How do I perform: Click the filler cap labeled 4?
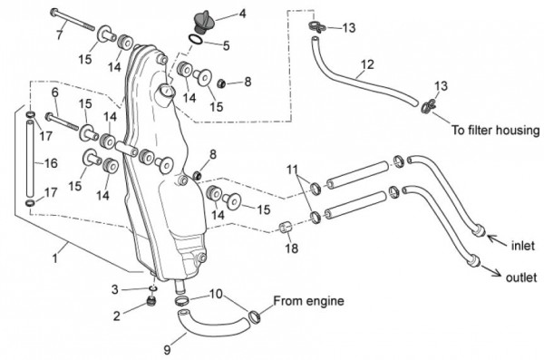(x=203, y=22)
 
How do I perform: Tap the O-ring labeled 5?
(x=196, y=39)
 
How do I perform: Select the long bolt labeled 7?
(x=73, y=21)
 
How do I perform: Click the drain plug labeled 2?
(x=151, y=302)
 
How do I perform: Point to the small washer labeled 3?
(x=153, y=288)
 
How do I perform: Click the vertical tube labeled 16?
(x=30, y=158)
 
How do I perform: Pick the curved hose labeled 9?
(x=213, y=325)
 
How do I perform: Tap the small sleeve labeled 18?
(x=286, y=229)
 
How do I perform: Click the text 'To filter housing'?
(x=495, y=131)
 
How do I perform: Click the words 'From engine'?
(x=308, y=301)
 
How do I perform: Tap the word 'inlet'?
(x=523, y=246)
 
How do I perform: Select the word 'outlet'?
(x=520, y=277)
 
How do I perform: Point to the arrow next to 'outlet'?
(x=491, y=271)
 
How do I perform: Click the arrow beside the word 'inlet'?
(x=497, y=240)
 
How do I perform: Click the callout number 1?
(x=54, y=258)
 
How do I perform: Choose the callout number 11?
(x=292, y=170)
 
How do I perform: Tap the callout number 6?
(x=54, y=93)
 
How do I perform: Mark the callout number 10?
(x=216, y=295)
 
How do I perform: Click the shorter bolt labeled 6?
(x=62, y=122)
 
